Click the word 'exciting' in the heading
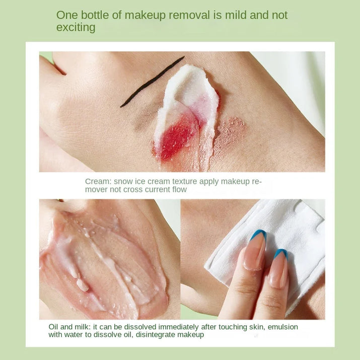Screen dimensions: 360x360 [x=76, y=28]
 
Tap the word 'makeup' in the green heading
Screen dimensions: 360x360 [x=145, y=16]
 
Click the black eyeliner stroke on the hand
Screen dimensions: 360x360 [x=152, y=81]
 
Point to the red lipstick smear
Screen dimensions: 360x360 [x=177, y=139]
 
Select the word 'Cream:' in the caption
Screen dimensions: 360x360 [x=98, y=181]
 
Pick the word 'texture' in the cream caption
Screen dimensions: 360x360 [x=185, y=181]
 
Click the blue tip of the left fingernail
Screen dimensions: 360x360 [x=258, y=234]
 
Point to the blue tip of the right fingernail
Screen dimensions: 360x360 [x=281, y=253]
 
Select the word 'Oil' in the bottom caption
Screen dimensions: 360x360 [x=53, y=327]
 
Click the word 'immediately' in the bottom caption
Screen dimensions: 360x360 [x=178, y=327]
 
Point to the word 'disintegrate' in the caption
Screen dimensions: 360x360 [x=156, y=335]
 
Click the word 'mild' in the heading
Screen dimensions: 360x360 [x=235, y=15]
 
